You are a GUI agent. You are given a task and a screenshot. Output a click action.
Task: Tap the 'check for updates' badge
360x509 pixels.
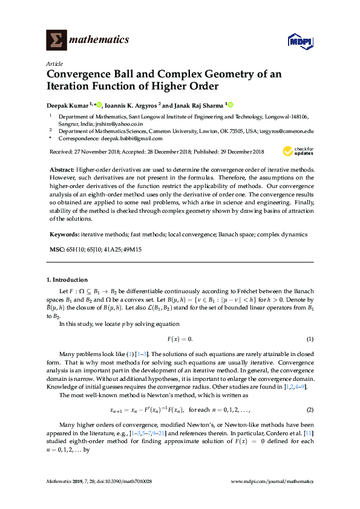pyautogui.click(x=298, y=151)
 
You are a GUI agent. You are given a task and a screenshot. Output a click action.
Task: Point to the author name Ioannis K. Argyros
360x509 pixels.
pyautogui.click(x=131, y=104)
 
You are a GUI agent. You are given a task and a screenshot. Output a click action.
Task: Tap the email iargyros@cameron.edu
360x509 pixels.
pyautogui.click(x=285, y=131)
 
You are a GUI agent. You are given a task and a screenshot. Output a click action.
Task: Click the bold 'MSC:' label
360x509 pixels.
pyautogui.click(x=58, y=248)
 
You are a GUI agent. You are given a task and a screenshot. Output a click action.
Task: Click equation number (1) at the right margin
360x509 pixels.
pyautogui.click(x=309, y=339)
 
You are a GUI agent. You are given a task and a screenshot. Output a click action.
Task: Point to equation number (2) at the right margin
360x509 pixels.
pyautogui.click(x=309, y=410)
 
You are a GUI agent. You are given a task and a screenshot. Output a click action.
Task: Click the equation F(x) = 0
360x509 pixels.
pyautogui.click(x=180, y=339)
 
